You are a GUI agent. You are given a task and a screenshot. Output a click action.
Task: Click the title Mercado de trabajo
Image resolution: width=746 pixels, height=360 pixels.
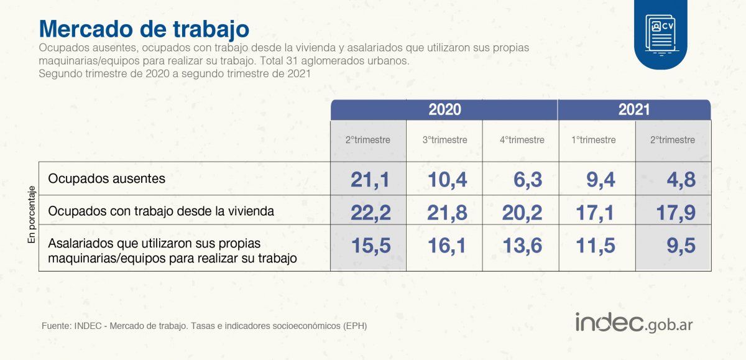(144, 29)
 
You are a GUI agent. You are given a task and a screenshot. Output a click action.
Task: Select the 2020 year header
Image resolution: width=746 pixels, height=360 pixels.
(444, 110)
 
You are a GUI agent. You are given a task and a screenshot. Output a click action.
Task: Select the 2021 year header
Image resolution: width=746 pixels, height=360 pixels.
(633, 110)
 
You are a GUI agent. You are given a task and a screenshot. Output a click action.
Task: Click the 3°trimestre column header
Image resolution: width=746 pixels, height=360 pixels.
(444, 140)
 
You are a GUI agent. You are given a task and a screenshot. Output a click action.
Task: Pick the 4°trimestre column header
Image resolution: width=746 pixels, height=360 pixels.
(522, 140)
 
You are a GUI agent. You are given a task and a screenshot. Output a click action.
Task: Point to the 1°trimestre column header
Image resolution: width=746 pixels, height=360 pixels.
(593, 140)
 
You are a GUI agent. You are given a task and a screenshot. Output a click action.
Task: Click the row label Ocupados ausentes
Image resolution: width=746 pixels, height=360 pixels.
(106, 179)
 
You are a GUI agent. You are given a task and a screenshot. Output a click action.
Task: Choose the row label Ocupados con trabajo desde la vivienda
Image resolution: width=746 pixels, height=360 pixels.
(161, 211)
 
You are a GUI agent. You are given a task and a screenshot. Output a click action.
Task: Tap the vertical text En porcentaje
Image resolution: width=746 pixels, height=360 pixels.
(32, 217)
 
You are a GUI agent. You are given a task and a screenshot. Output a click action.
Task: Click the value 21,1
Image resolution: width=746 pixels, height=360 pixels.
(370, 180)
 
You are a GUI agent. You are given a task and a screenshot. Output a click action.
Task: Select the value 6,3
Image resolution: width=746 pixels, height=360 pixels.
(528, 180)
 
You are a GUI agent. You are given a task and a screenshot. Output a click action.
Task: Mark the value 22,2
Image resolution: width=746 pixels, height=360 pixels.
(370, 213)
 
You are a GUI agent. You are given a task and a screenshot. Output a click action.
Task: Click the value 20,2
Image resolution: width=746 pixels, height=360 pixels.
(522, 213)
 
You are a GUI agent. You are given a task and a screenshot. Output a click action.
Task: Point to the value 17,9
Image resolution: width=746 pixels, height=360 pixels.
(675, 213)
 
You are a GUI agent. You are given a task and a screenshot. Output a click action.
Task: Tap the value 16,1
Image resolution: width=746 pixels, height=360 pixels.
(447, 246)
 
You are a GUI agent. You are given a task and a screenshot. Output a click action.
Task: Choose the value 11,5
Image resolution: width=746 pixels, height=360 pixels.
(596, 246)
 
